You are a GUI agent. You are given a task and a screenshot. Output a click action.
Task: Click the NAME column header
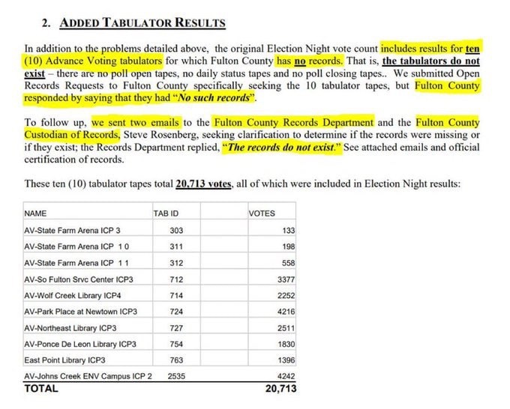tap(35, 213)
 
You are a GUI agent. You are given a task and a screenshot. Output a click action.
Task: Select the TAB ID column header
tap(166, 213)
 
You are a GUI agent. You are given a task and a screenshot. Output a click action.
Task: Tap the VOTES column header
tap(262, 213)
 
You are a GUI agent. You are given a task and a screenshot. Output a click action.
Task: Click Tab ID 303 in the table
tap(177, 230)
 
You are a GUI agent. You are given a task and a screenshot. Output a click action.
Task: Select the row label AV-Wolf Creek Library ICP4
tap(75, 295)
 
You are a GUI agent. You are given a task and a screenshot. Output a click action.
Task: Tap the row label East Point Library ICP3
tap(64, 361)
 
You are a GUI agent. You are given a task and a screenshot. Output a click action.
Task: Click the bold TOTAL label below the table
tap(41, 389)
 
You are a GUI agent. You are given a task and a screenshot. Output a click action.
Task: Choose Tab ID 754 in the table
tap(177, 345)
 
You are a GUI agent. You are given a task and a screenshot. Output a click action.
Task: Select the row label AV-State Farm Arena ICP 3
tap(72, 230)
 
